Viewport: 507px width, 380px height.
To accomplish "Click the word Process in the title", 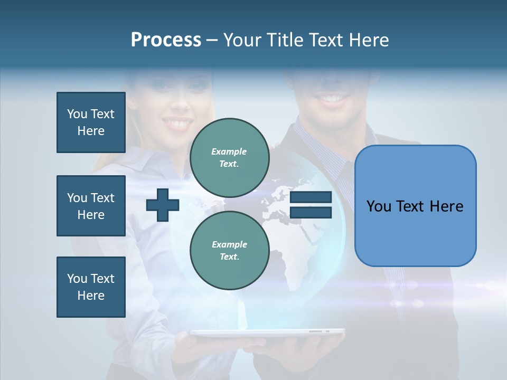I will (x=166, y=40).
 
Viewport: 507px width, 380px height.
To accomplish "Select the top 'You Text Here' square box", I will (x=91, y=122).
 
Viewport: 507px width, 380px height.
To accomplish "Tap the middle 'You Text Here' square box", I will (x=91, y=206).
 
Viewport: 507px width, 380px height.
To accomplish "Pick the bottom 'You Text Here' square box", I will (x=91, y=287).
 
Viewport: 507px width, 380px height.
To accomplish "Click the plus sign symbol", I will (x=163, y=204).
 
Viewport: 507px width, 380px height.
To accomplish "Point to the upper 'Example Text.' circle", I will (x=229, y=158).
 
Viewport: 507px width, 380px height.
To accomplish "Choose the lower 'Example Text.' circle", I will (x=229, y=251).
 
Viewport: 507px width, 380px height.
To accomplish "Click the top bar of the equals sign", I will (x=311, y=197).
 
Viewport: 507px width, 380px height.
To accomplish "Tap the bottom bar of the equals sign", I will (x=311, y=212).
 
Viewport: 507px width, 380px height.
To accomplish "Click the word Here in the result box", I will (x=446, y=206).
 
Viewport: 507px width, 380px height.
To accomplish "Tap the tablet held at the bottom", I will (x=267, y=332).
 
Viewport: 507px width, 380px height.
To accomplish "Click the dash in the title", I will (x=212, y=40).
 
